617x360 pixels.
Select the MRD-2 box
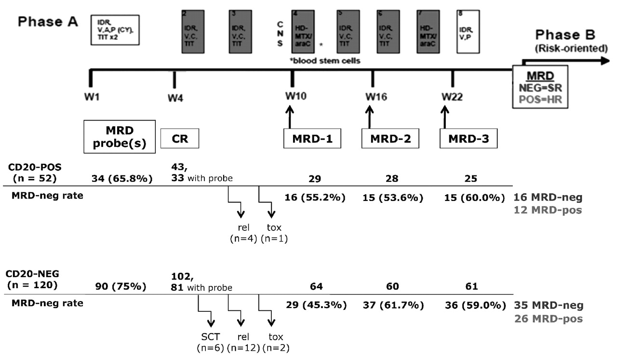click(x=390, y=139)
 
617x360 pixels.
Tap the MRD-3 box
click(x=469, y=139)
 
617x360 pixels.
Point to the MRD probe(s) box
click(x=120, y=136)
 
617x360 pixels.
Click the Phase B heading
click(x=565, y=35)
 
